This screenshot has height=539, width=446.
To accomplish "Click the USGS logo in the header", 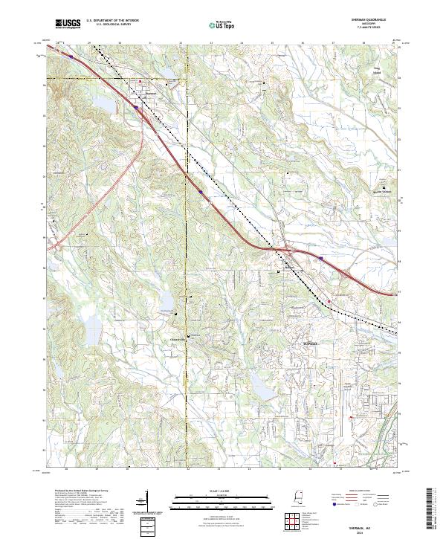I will tap(68, 24).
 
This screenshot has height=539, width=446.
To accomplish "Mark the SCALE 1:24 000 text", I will tap(222, 490).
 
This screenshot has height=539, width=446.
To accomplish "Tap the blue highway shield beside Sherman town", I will tap(138, 107).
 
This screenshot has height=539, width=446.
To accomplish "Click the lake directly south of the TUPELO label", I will tap(261, 384).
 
